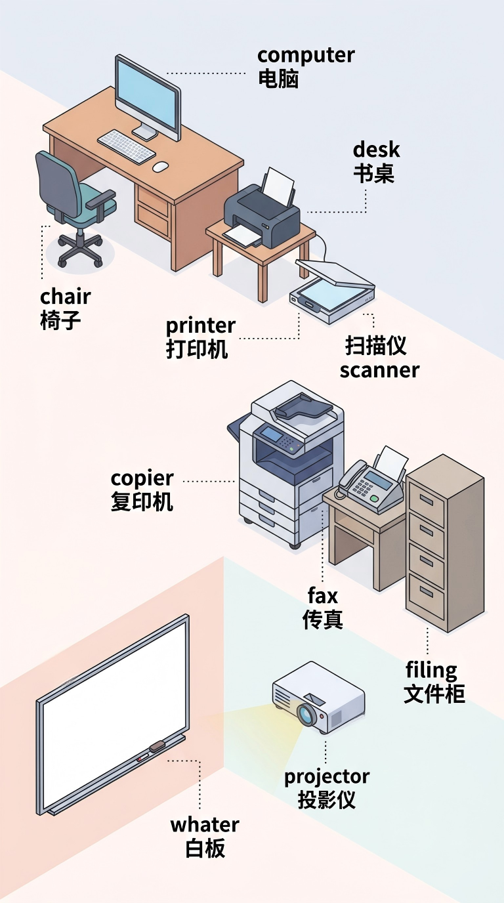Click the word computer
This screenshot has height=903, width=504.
[x=306, y=56]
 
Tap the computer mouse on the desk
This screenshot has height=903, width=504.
[x=161, y=167]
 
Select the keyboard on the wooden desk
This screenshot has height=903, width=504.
[x=127, y=146]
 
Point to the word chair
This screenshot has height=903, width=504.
[x=66, y=297]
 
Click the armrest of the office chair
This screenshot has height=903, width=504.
[x=101, y=199]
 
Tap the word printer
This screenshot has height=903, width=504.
[x=200, y=327]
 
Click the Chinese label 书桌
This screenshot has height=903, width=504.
[x=374, y=174]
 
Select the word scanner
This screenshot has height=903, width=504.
[x=379, y=370]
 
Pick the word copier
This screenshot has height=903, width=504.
[x=142, y=479]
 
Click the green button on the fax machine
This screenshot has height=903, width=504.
[x=374, y=499]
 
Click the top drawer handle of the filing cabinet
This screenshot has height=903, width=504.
[x=426, y=501]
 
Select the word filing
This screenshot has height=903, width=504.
[x=431, y=670]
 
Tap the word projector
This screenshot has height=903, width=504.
[x=327, y=777]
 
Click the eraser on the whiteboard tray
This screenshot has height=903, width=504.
[x=157, y=745]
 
